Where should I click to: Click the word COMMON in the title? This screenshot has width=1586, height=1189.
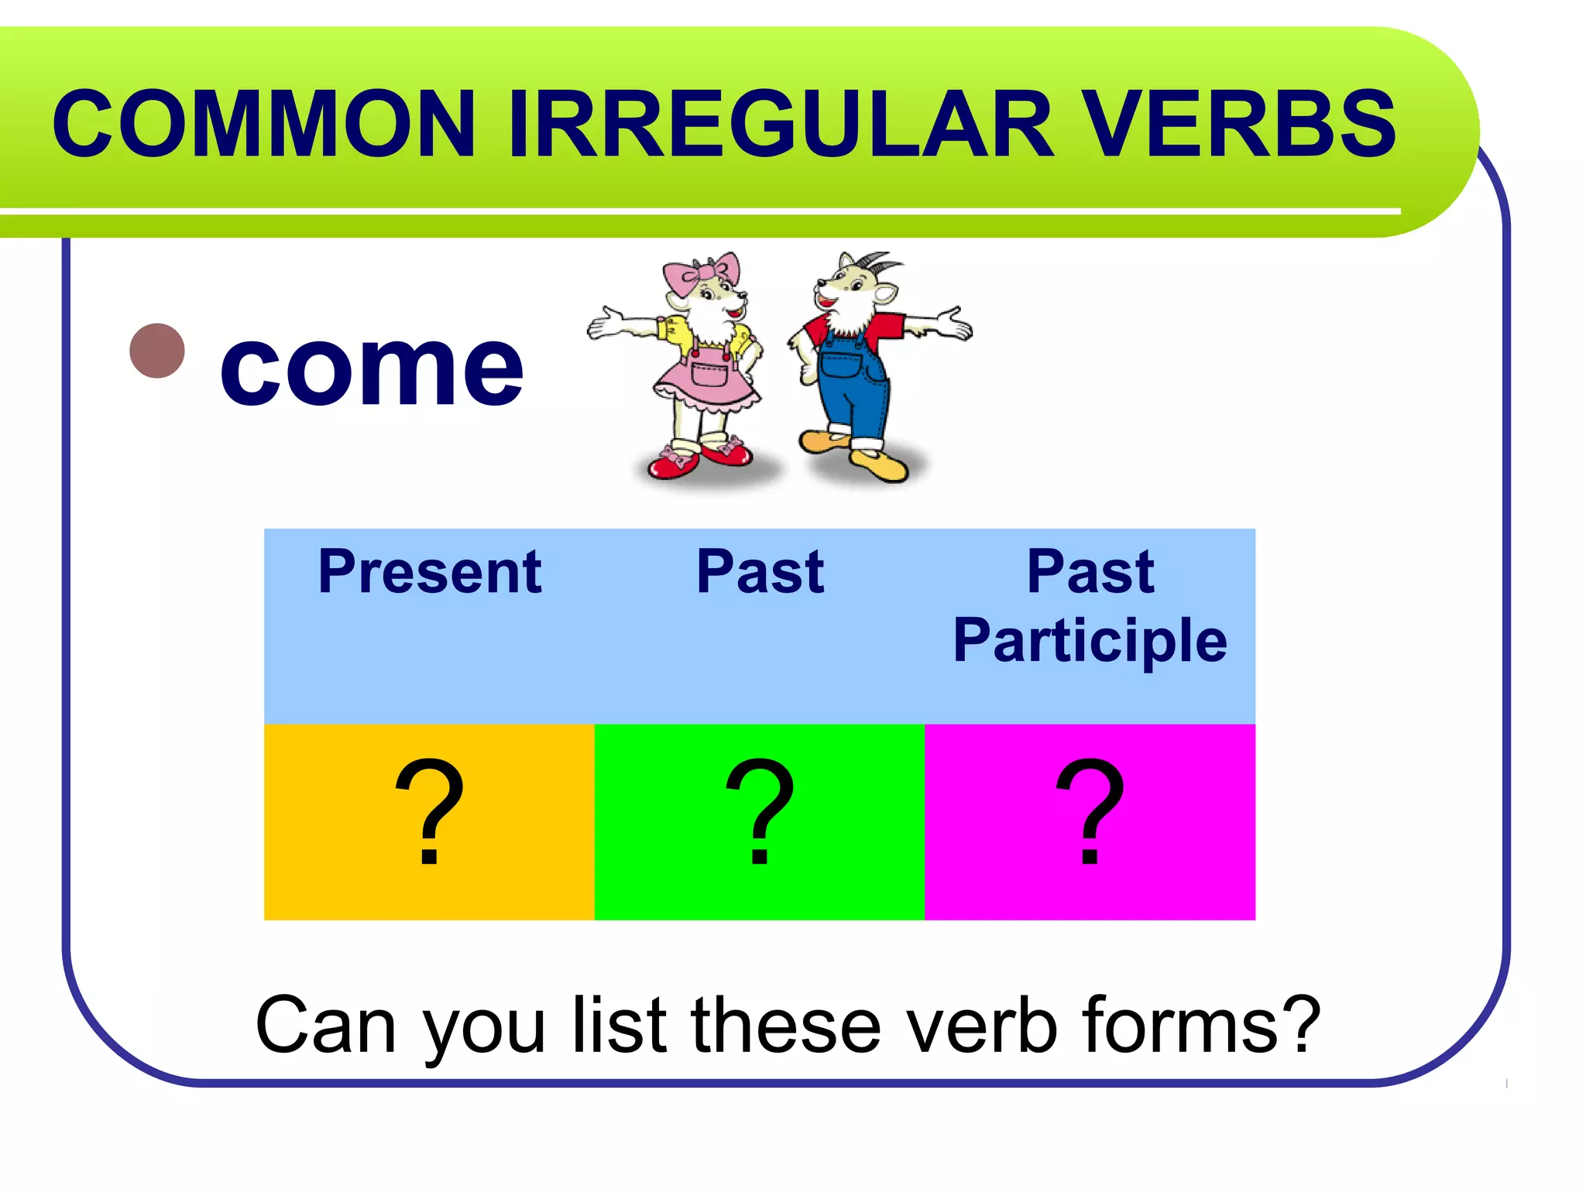pyautogui.click(x=263, y=124)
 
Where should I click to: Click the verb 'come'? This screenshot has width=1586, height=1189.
pyautogui.click(x=372, y=368)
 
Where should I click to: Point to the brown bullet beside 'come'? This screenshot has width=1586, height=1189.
pyautogui.click(x=157, y=351)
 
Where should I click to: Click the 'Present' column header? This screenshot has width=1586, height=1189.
pyautogui.click(x=430, y=573)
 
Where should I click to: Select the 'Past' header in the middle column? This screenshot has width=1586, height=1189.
pyautogui.click(x=760, y=573)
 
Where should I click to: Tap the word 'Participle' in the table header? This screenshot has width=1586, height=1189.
pyautogui.click(x=1090, y=641)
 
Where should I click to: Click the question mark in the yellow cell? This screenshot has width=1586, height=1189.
pyautogui.click(x=429, y=813)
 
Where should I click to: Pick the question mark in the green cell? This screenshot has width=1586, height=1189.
pyautogui.click(x=760, y=813)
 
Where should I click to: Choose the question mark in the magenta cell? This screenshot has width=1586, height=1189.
pyautogui.click(x=1090, y=813)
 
